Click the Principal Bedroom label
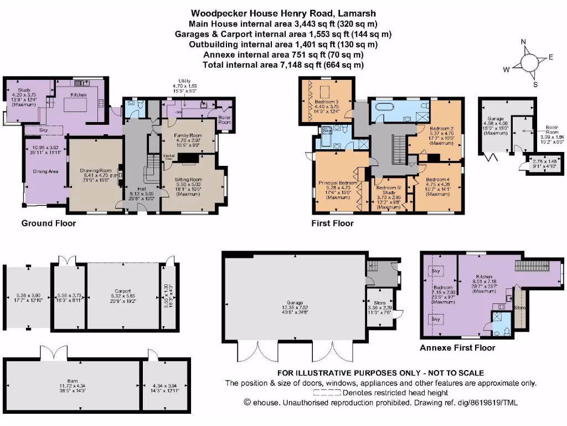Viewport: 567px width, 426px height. pos(337,182)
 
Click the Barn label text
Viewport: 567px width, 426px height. pos(73,381)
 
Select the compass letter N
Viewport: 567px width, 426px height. pos(523,42)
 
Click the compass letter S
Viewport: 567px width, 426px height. pos(535,85)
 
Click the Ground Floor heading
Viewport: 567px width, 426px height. pos(48,224)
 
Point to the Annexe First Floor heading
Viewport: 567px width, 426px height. pos(457,348)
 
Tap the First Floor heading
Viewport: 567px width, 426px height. pos(332,224)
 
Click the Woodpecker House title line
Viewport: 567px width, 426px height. pos(276,12)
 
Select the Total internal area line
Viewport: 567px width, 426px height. pos(276,65)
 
